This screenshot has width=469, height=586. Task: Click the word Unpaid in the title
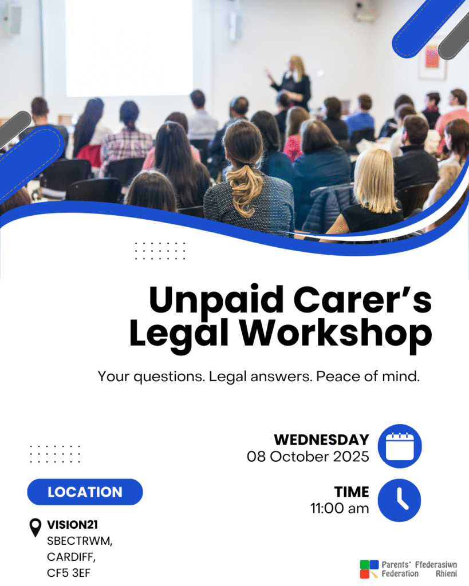click(x=216, y=300)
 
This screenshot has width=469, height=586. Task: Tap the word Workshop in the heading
click(x=336, y=334)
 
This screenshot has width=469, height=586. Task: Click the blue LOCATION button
click(x=85, y=492)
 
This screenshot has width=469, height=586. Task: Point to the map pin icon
click(x=35, y=527)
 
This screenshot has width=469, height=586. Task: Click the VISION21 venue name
click(x=72, y=525)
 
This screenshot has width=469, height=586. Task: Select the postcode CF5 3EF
click(x=69, y=573)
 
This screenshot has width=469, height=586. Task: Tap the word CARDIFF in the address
click(x=71, y=557)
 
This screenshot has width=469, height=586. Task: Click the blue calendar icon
click(x=400, y=446)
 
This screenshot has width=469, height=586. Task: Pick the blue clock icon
click(x=400, y=500)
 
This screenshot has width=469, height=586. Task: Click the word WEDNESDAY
click(x=322, y=440)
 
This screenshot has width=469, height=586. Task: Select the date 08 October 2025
click(x=308, y=457)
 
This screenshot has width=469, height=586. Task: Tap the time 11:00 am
click(x=340, y=508)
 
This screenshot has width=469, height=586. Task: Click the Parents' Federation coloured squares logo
click(x=369, y=569)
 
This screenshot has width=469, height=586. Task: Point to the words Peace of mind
click(x=368, y=377)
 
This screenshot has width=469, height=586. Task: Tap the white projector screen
click(x=129, y=47)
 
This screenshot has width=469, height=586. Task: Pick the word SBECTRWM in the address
click(x=80, y=541)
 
